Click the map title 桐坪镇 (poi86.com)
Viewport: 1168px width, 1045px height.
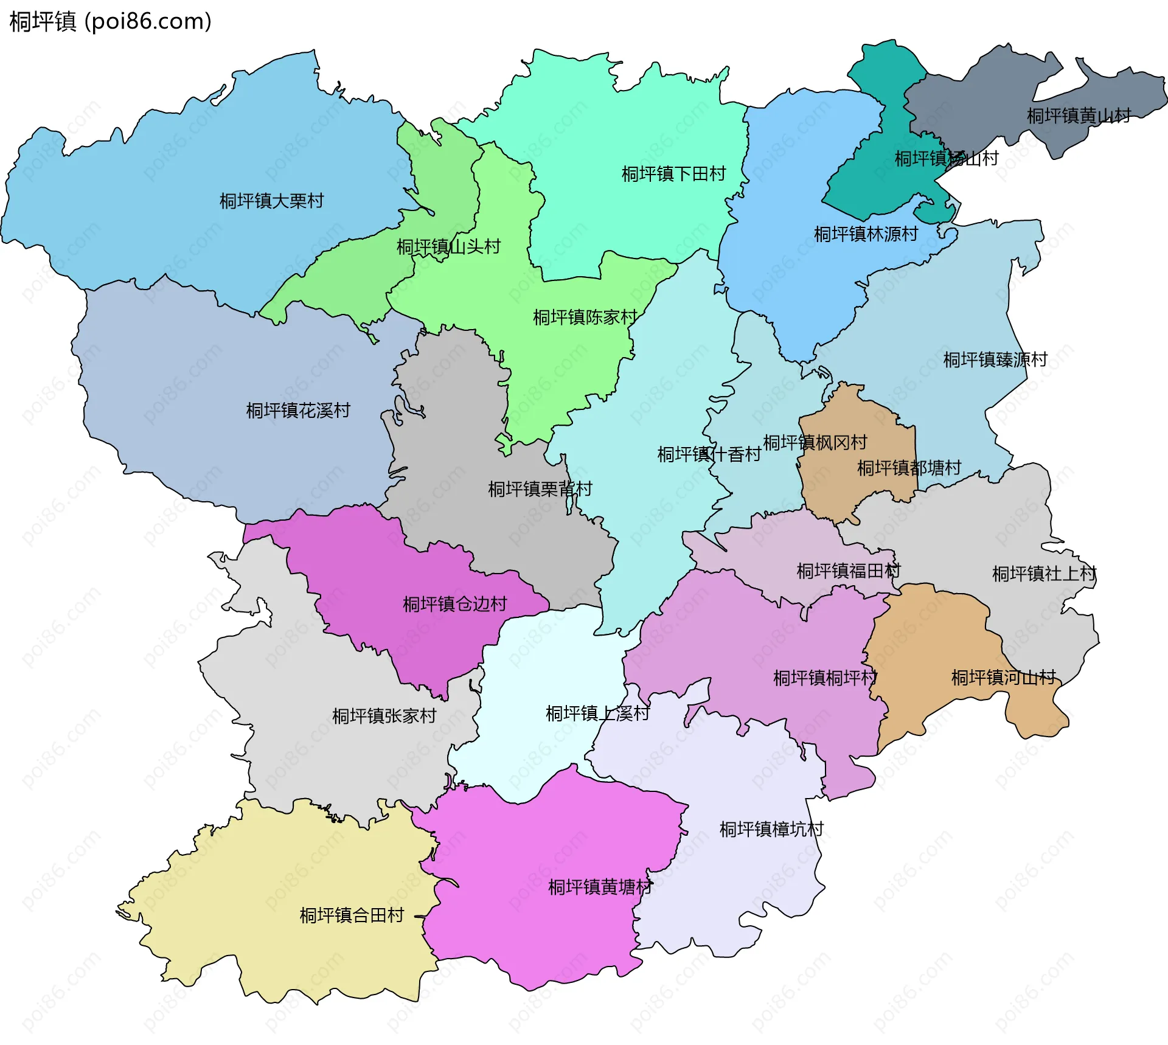click(x=110, y=21)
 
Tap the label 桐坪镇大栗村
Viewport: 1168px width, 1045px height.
click(x=271, y=201)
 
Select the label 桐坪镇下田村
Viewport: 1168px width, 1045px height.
click(x=673, y=174)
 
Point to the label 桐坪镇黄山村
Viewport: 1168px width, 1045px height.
click(x=1079, y=116)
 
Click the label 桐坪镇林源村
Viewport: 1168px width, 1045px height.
click(x=866, y=234)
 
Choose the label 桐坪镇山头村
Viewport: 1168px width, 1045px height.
click(x=448, y=247)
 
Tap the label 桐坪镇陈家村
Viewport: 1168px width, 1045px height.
click(x=585, y=317)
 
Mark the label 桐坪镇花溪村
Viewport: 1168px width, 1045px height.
click(x=298, y=411)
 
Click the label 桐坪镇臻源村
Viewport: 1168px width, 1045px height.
click(x=995, y=360)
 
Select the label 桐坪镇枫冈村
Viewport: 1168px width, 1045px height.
click(x=815, y=442)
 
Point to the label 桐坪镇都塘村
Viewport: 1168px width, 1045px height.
click(x=909, y=468)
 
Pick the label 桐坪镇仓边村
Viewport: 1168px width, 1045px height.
click(x=454, y=604)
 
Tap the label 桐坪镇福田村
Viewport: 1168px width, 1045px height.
click(x=848, y=571)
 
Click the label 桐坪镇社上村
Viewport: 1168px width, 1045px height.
click(x=1044, y=574)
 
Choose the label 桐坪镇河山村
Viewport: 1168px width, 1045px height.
click(x=1003, y=678)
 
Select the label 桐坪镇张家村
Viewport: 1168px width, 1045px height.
click(x=384, y=716)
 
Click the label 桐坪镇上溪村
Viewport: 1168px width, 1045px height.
click(x=597, y=713)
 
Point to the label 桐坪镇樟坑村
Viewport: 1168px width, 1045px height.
click(x=771, y=829)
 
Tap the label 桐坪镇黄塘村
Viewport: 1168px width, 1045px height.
click(x=600, y=887)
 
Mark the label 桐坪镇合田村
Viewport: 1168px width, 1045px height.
click(x=352, y=915)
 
